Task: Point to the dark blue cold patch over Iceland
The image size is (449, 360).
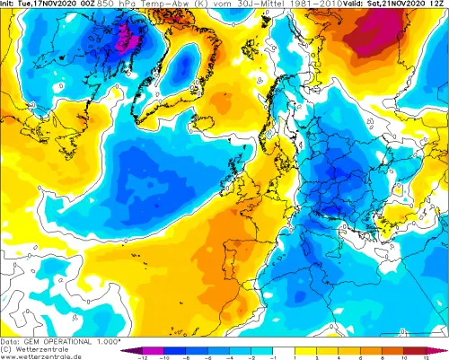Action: pos(186,67)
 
